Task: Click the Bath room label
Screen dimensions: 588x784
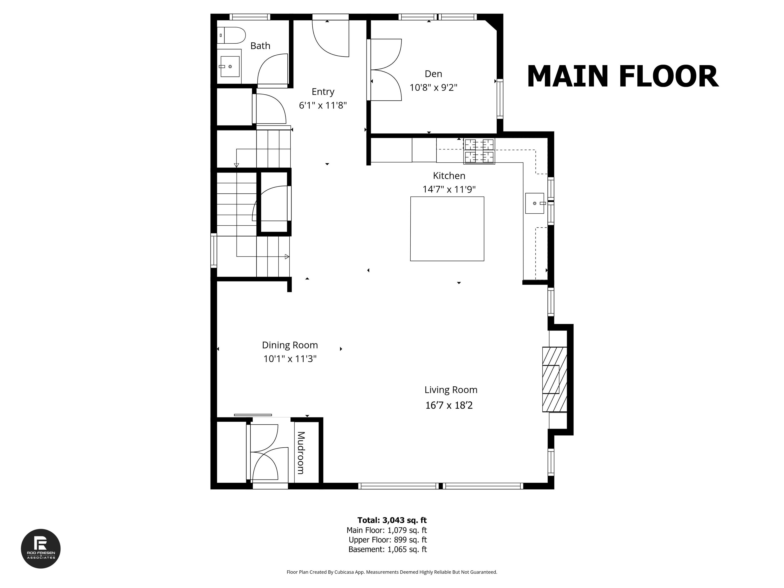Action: [x=260, y=46]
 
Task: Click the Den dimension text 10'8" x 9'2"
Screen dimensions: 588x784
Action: [x=433, y=88]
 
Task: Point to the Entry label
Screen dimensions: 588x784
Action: [x=323, y=92]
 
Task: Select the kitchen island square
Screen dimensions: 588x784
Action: [x=447, y=229]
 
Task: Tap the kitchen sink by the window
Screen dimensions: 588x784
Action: [x=534, y=203]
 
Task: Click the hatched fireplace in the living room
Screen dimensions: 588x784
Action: [x=554, y=379]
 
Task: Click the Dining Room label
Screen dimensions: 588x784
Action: [x=290, y=345]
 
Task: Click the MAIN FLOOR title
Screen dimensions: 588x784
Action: [x=622, y=77]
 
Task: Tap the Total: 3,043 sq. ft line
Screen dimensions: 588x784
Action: [x=392, y=520]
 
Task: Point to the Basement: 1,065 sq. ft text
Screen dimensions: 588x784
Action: [x=387, y=549]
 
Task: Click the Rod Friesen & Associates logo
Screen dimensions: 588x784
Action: [x=41, y=549]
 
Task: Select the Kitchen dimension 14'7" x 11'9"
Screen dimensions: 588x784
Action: [x=449, y=189]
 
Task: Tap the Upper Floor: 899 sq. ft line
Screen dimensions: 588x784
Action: [x=387, y=540]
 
